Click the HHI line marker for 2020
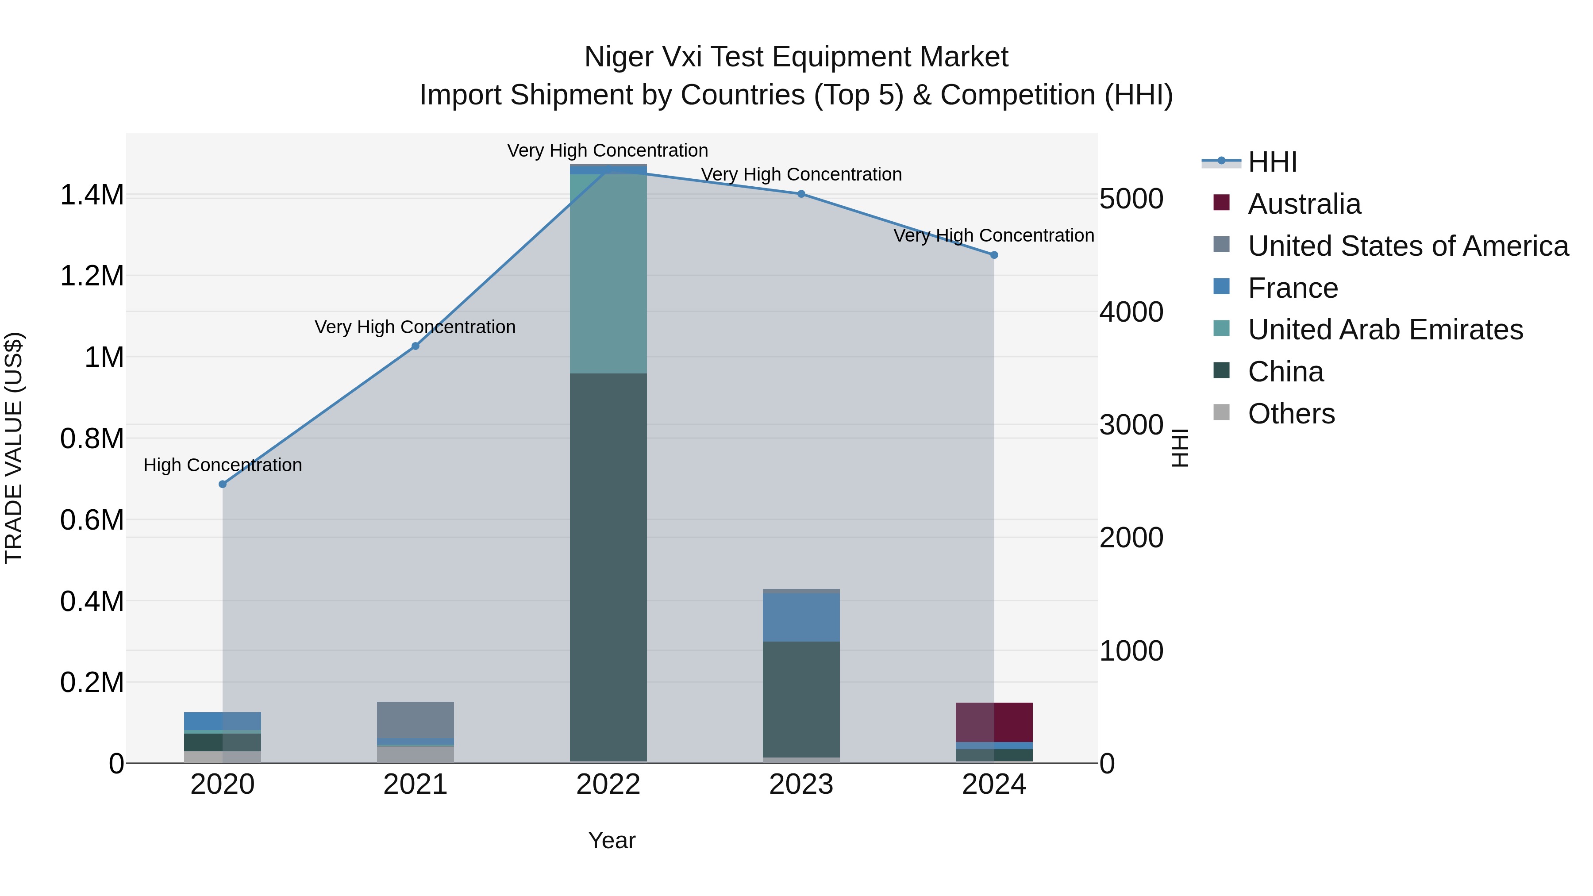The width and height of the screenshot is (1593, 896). point(223,484)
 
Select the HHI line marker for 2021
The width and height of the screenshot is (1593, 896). point(416,346)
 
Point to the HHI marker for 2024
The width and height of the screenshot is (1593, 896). point(994,255)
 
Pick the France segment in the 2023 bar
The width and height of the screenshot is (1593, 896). point(801,617)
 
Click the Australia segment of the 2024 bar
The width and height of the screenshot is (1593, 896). point(994,722)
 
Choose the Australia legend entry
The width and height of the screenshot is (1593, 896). point(1304,204)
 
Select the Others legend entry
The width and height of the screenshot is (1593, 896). point(1291,414)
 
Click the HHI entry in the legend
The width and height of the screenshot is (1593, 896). point(1271,162)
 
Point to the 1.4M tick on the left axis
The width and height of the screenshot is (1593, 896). point(92,196)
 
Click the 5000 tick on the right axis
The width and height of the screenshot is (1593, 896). point(1131,199)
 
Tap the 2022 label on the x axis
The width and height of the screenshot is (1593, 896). point(608,784)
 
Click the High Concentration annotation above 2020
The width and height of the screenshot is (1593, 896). point(223,465)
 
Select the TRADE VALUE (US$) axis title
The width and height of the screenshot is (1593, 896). point(14,448)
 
